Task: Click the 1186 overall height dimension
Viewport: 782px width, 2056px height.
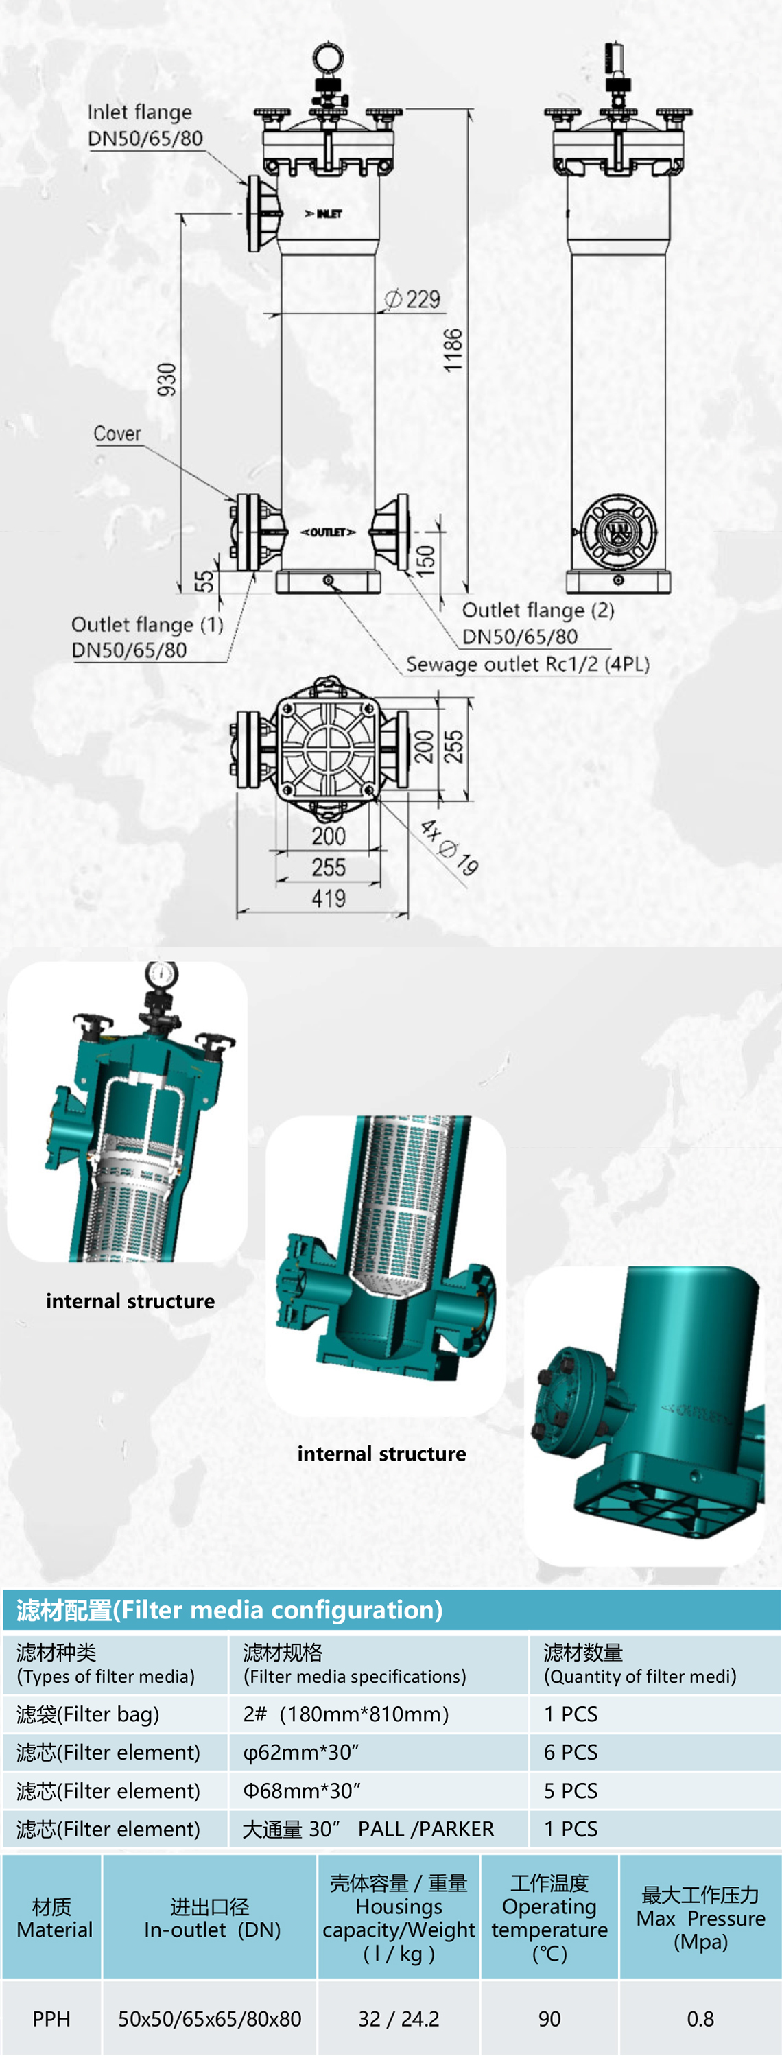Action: (453, 350)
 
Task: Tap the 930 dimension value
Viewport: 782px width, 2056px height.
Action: (167, 379)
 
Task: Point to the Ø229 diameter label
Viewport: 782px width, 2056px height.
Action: (412, 299)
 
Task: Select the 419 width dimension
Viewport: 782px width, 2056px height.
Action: (329, 899)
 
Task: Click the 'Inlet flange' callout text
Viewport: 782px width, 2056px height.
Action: (140, 112)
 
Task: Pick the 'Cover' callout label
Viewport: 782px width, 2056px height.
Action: (117, 434)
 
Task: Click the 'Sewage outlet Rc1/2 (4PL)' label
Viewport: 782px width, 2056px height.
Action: (528, 664)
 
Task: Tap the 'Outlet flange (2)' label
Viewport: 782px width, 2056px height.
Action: (538, 611)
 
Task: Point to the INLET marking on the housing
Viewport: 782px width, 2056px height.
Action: (324, 214)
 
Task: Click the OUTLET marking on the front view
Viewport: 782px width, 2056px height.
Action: (327, 532)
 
